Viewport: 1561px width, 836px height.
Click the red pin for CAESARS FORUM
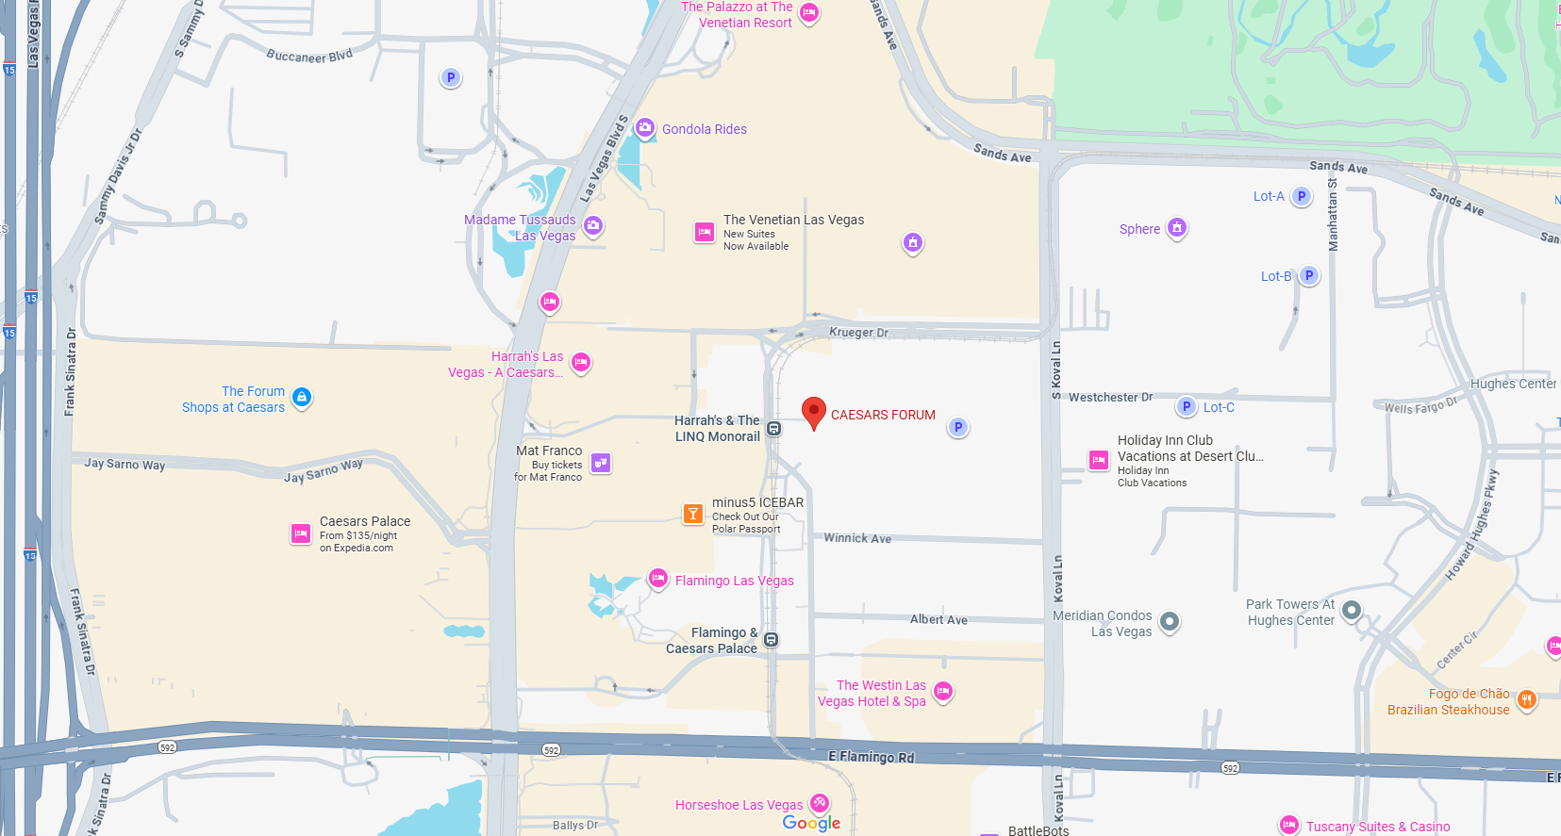click(x=814, y=412)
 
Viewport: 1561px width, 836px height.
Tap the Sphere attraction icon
click(x=1176, y=228)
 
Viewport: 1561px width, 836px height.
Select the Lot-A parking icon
click(x=1302, y=197)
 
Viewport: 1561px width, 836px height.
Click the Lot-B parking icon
click(x=1308, y=276)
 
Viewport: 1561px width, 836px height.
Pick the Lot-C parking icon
click(x=1187, y=407)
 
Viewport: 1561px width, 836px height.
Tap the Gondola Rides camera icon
click(x=645, y=128)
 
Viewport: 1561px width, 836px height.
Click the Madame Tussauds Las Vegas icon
click(x=593, y=226)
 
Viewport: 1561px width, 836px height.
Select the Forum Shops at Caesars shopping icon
click(x=302, y=398)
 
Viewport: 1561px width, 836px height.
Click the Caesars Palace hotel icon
click(x=301, y=533)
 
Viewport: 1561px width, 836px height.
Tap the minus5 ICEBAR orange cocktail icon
click(x=693, y=514)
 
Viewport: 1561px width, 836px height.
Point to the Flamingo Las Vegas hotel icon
click(x=658, y=579)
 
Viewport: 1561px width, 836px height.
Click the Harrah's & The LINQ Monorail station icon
click(x=773, y=429)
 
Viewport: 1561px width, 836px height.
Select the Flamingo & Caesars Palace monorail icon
click(x=771, y=640)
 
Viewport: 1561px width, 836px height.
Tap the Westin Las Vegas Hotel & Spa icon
click(x=942, y=692)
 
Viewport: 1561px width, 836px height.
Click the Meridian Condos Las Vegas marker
click(x=1170, y=621)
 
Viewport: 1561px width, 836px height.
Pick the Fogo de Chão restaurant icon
click(x=1526, y=700)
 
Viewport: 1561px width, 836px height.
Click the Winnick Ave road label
click(x=857, y=538)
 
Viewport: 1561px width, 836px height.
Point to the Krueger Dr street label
click(x=858, y=333)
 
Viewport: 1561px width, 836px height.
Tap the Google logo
click(x=811, y=823)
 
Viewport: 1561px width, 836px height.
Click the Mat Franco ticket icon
click(x=601, y=463)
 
